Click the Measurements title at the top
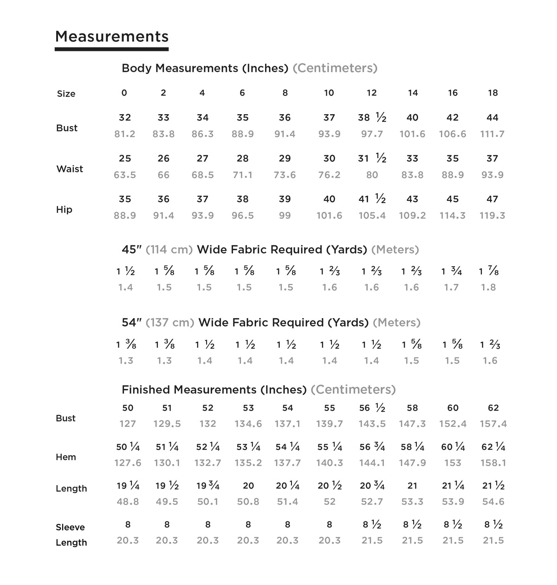coord(111,37)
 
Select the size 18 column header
coord(492,93)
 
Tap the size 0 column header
coord(124,93)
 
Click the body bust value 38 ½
coord(372,118)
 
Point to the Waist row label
coord(70,169)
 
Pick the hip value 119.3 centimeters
coord(492,216)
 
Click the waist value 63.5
coord(125,175)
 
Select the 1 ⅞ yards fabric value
coord(489,271)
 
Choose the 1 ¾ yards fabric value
coord(451,271)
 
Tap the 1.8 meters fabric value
coord(488,288)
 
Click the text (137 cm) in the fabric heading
coord(170,322)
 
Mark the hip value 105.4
coord(372,216)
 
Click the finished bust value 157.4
coord(493,424)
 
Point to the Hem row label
coord(66,457)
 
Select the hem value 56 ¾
coord(372,447)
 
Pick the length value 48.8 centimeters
coord(128,502)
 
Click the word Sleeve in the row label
coord(70,527)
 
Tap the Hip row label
coord(64,210)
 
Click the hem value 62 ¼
coord(493,447)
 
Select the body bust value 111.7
coord(492,134)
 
